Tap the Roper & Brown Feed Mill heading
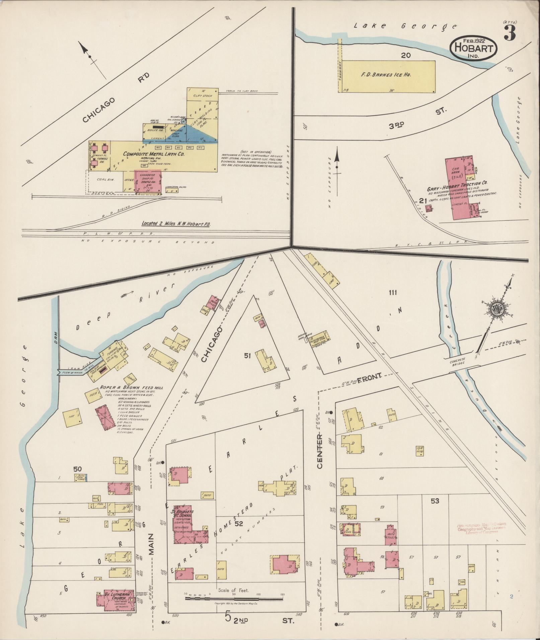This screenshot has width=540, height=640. click(132, 387)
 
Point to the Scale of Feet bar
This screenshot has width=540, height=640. click(234, 598)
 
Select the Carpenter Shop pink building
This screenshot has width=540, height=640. click(148, 182)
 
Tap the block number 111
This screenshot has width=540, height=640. click(393, 293)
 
